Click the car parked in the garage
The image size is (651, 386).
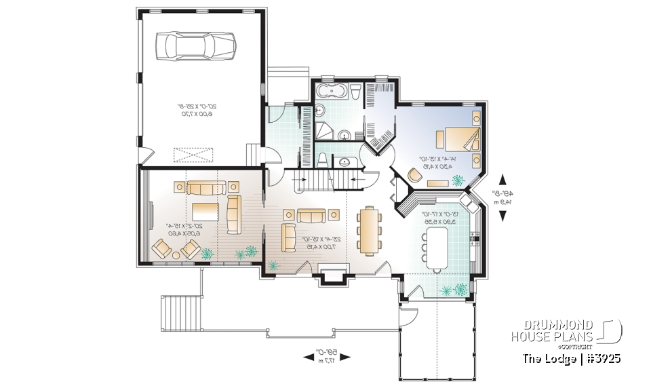point(197,46)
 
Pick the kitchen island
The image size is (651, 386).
point(437,245)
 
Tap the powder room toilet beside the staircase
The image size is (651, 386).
point(324,160)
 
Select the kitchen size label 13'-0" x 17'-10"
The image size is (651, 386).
point(438,217)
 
